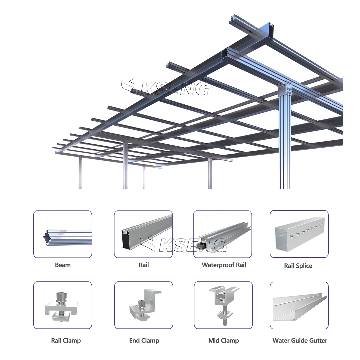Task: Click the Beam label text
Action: [63, 265]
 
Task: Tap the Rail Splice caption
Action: [298, 266]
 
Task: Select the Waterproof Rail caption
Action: [224, 265]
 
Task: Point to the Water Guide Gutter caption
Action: [300, 340]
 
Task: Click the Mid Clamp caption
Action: [224, 340]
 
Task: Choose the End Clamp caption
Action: [144, 340]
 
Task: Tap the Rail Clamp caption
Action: [66, 340]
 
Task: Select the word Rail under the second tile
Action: [144, 265]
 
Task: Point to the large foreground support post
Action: [285, 141]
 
